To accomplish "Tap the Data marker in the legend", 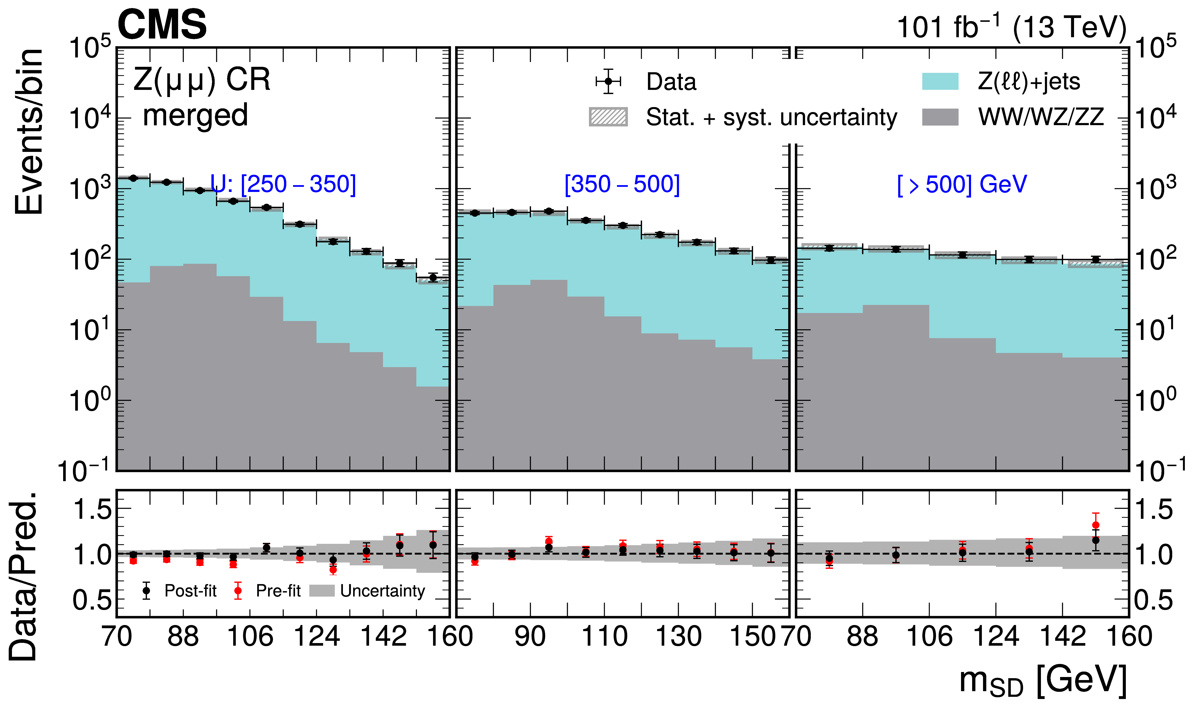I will pyautogui.click(x=608, y=81).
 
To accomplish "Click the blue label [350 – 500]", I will pyautogui.click(x=622, y=184).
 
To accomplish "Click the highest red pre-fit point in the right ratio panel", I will pyautogui.click(x=1096, y=525).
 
